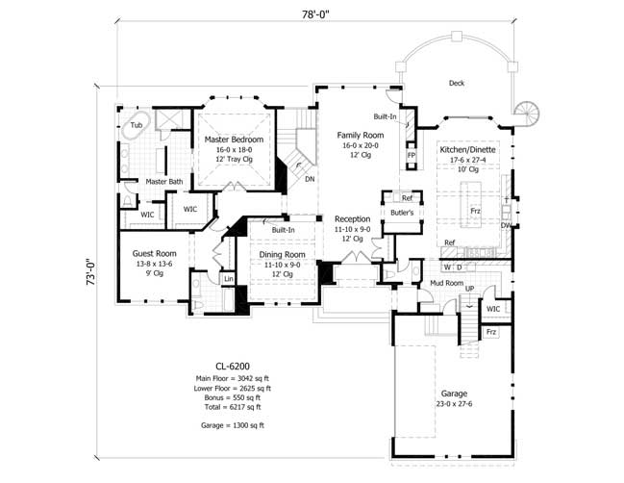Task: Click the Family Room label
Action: coord(360,136)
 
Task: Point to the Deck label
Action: coord(457,84)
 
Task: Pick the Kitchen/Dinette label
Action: coord(468,151)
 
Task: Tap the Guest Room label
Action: coord(151,254)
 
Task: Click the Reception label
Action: coord(352,219)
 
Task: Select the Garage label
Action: coord(455,394)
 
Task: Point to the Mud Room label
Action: coord(447,284)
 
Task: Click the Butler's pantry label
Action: coord(402,212)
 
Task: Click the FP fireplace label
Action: coord(411,155)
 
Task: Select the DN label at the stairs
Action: coord(309,179)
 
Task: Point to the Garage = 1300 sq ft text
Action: coord(230,424)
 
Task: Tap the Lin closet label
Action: coord(229,279)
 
